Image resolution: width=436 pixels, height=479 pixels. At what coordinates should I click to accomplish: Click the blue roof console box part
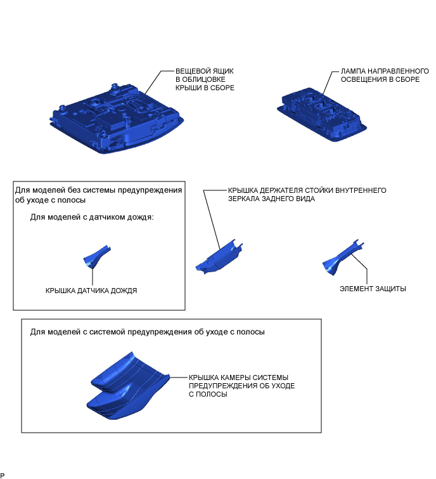tap(116, 119)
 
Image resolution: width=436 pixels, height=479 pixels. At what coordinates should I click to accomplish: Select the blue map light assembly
tap(322, 115)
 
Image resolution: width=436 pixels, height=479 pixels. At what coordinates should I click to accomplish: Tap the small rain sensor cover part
tap(97, 256)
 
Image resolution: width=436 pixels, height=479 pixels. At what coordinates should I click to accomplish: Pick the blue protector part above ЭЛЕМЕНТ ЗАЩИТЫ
tap(342, 258)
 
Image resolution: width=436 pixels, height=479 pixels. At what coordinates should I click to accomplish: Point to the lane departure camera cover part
tap(127, 386)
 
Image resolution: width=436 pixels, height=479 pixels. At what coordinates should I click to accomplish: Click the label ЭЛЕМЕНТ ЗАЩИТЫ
tap(373, 289)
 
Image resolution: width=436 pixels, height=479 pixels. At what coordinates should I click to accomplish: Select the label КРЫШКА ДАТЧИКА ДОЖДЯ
tap(91, 291)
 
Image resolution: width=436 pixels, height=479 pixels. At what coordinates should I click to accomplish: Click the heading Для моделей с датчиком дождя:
tap(92, 217)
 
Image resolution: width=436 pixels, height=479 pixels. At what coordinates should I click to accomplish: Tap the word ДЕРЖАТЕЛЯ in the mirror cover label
tap(281, 190)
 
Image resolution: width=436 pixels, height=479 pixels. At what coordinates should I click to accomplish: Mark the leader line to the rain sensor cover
tap(93, 277)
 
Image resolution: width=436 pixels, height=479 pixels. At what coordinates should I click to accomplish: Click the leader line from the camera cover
tap(179, 377)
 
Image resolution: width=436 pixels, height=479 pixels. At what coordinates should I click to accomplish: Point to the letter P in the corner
tap(2, 475)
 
